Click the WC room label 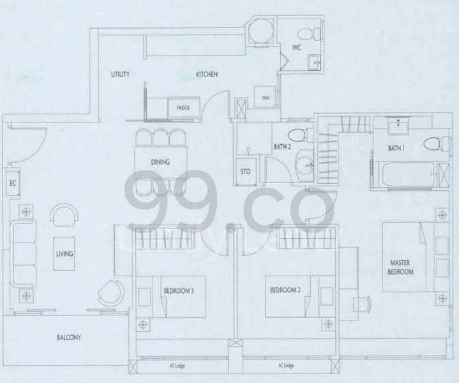click(x=297, y=48)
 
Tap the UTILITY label click(x=120, y=75)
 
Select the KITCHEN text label click(x=207, y=75)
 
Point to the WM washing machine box click(x=265, y=98)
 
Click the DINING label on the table click(x=160, y=162)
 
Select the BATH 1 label click(x=396, y=148)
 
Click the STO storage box click(x=245, y=171)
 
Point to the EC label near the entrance click(x=11, y=184)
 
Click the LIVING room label click(x=64, y=253)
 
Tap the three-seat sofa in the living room click(x=24, y=253)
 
